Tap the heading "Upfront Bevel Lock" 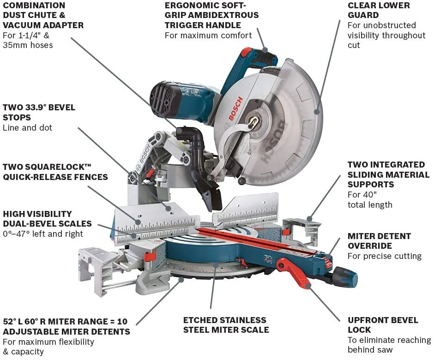[x=383, y=324]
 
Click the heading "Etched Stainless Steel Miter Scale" [x=226, y=324]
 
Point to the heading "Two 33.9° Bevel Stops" [x=39, y=112]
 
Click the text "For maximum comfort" [x=208, y=35]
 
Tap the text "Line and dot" [x=28, y=127]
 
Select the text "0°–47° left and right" [x=43, y=234]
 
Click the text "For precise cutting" [x=384, y=256]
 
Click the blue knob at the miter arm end [x=346, y=277]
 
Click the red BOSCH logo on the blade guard [x=234, y=109]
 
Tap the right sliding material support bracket [x=302, y=228]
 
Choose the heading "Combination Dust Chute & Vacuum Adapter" [x=43, y=15]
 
